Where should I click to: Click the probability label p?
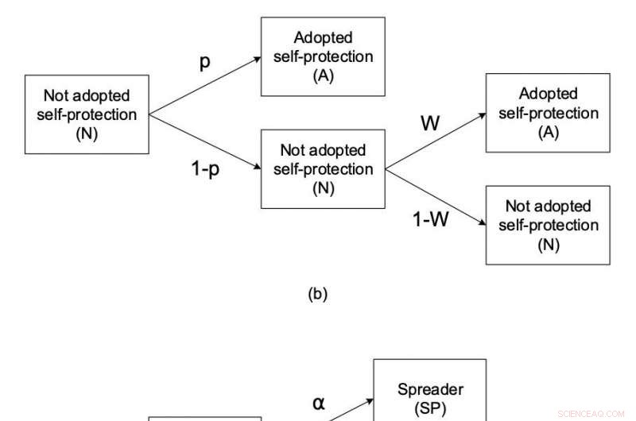pos(204,63)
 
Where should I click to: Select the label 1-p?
pos(205,169)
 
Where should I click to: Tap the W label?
pos(430,123)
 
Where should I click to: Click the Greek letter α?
pos(318,404)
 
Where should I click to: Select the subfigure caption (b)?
pos(317,295)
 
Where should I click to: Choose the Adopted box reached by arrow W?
pos(548,113)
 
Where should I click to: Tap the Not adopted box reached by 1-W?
pos(548,225)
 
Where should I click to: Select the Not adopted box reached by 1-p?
pos(323,168)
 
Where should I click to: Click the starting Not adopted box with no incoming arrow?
pos(87,114)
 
